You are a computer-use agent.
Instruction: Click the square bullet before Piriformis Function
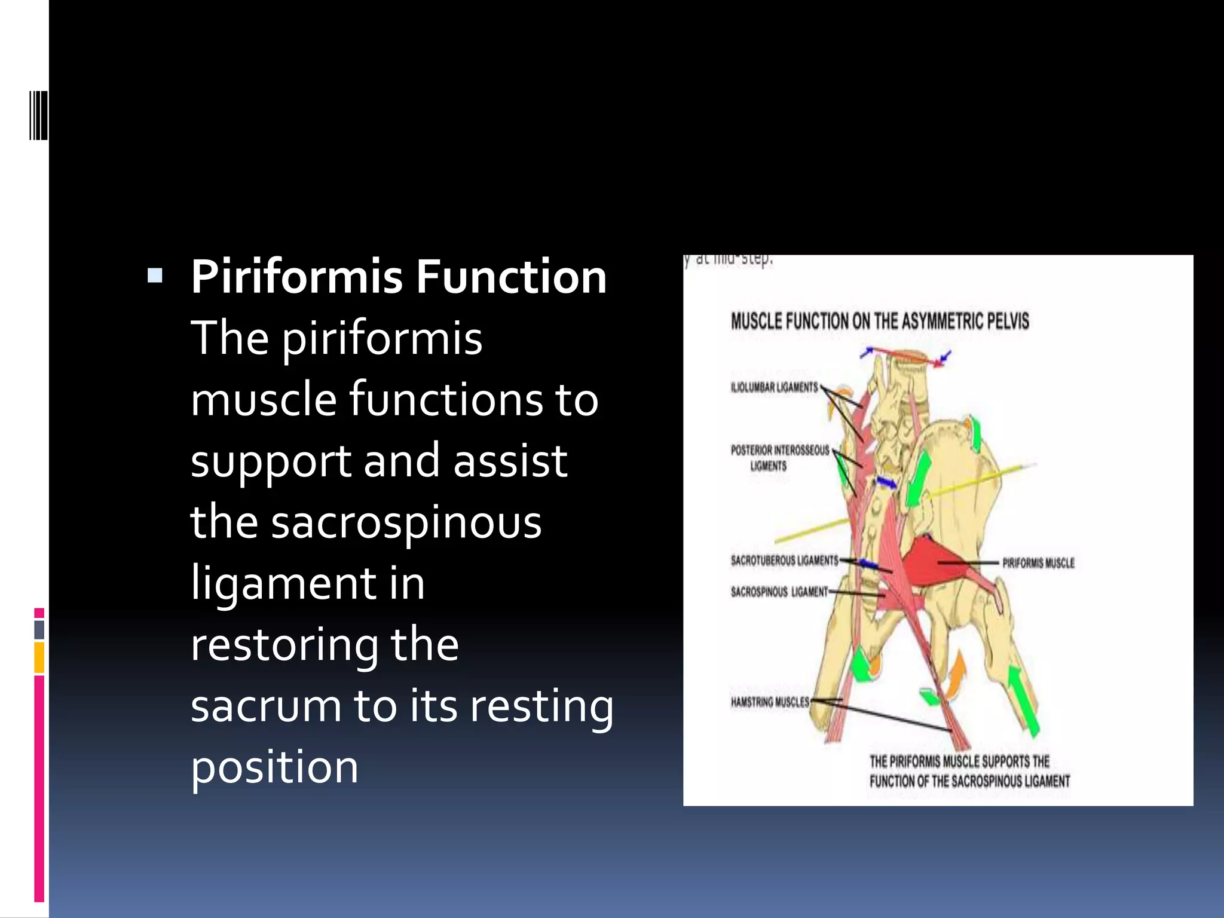click(155, 276)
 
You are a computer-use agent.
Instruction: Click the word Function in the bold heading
click(511, 277)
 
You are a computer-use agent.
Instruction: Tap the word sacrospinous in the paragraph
click(406, 522)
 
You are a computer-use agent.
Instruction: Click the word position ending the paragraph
click(274, 767)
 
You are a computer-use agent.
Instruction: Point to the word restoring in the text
click(284, 645)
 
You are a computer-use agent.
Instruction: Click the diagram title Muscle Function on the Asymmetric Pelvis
click(880, 321)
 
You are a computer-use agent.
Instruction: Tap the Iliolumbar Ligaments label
click(774, 387)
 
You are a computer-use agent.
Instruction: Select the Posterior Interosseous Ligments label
click(779, 457)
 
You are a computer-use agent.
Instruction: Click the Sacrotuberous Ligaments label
click(784, 561)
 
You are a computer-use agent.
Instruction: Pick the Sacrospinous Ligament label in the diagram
click(779, 592)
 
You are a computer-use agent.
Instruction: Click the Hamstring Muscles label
click(770, 702)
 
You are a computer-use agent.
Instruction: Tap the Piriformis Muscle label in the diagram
click(1038, 563)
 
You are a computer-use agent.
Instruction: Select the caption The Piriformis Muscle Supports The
click(959, 761)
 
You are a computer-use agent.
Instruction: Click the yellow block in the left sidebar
click(39, 657)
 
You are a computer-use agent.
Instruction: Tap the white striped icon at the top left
click(38, 115)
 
